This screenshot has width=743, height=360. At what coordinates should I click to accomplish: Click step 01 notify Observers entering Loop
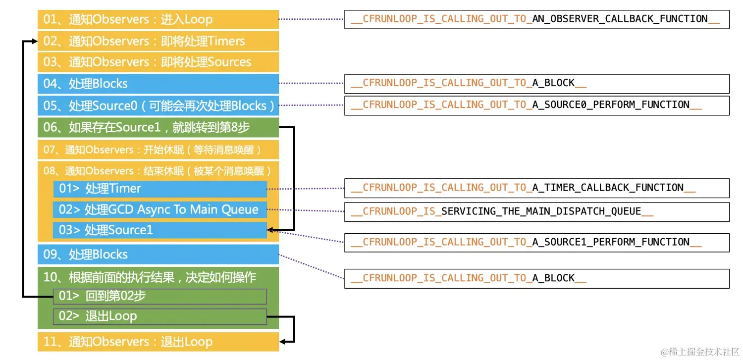point(158,19)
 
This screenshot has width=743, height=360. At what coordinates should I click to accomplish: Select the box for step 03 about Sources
point(158,62)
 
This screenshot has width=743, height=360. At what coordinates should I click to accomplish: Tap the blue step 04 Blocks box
point(158,84)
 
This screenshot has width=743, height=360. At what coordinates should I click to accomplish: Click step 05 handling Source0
point(158,105)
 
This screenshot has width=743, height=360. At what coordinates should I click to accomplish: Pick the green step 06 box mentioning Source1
point(158,127)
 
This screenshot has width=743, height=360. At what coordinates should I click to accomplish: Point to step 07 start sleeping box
point(158,149)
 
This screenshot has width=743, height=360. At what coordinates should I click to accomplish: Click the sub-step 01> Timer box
point(160,189)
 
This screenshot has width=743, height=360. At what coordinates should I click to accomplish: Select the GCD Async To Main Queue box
point(160,209)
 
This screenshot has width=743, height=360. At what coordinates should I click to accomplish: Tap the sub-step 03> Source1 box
point(160,230)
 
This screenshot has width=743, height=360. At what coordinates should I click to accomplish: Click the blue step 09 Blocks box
point(158,255)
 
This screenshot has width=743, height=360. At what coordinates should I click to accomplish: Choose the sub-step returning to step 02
point(160,296)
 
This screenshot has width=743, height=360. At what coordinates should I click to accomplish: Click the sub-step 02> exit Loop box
point(160,316)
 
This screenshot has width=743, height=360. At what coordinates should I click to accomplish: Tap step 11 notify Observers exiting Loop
point(158,342)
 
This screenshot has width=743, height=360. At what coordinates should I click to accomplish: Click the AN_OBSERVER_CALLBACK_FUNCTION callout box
point(536,19)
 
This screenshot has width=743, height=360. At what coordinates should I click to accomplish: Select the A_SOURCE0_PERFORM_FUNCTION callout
point(536,105)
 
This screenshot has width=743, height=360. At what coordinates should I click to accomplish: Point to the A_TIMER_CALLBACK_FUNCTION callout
point(536,188)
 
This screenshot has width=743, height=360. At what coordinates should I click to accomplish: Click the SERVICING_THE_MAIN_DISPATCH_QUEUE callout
point(536,211)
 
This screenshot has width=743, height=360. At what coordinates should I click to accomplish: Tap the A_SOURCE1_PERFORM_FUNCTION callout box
point(536,242)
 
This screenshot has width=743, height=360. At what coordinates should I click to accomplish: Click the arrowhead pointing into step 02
point(34,41)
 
